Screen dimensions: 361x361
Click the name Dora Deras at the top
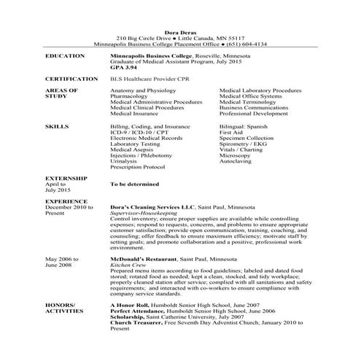click(180, 31)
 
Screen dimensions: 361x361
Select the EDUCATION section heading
click(65, 55)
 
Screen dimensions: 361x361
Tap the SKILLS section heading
click(57, 126)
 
